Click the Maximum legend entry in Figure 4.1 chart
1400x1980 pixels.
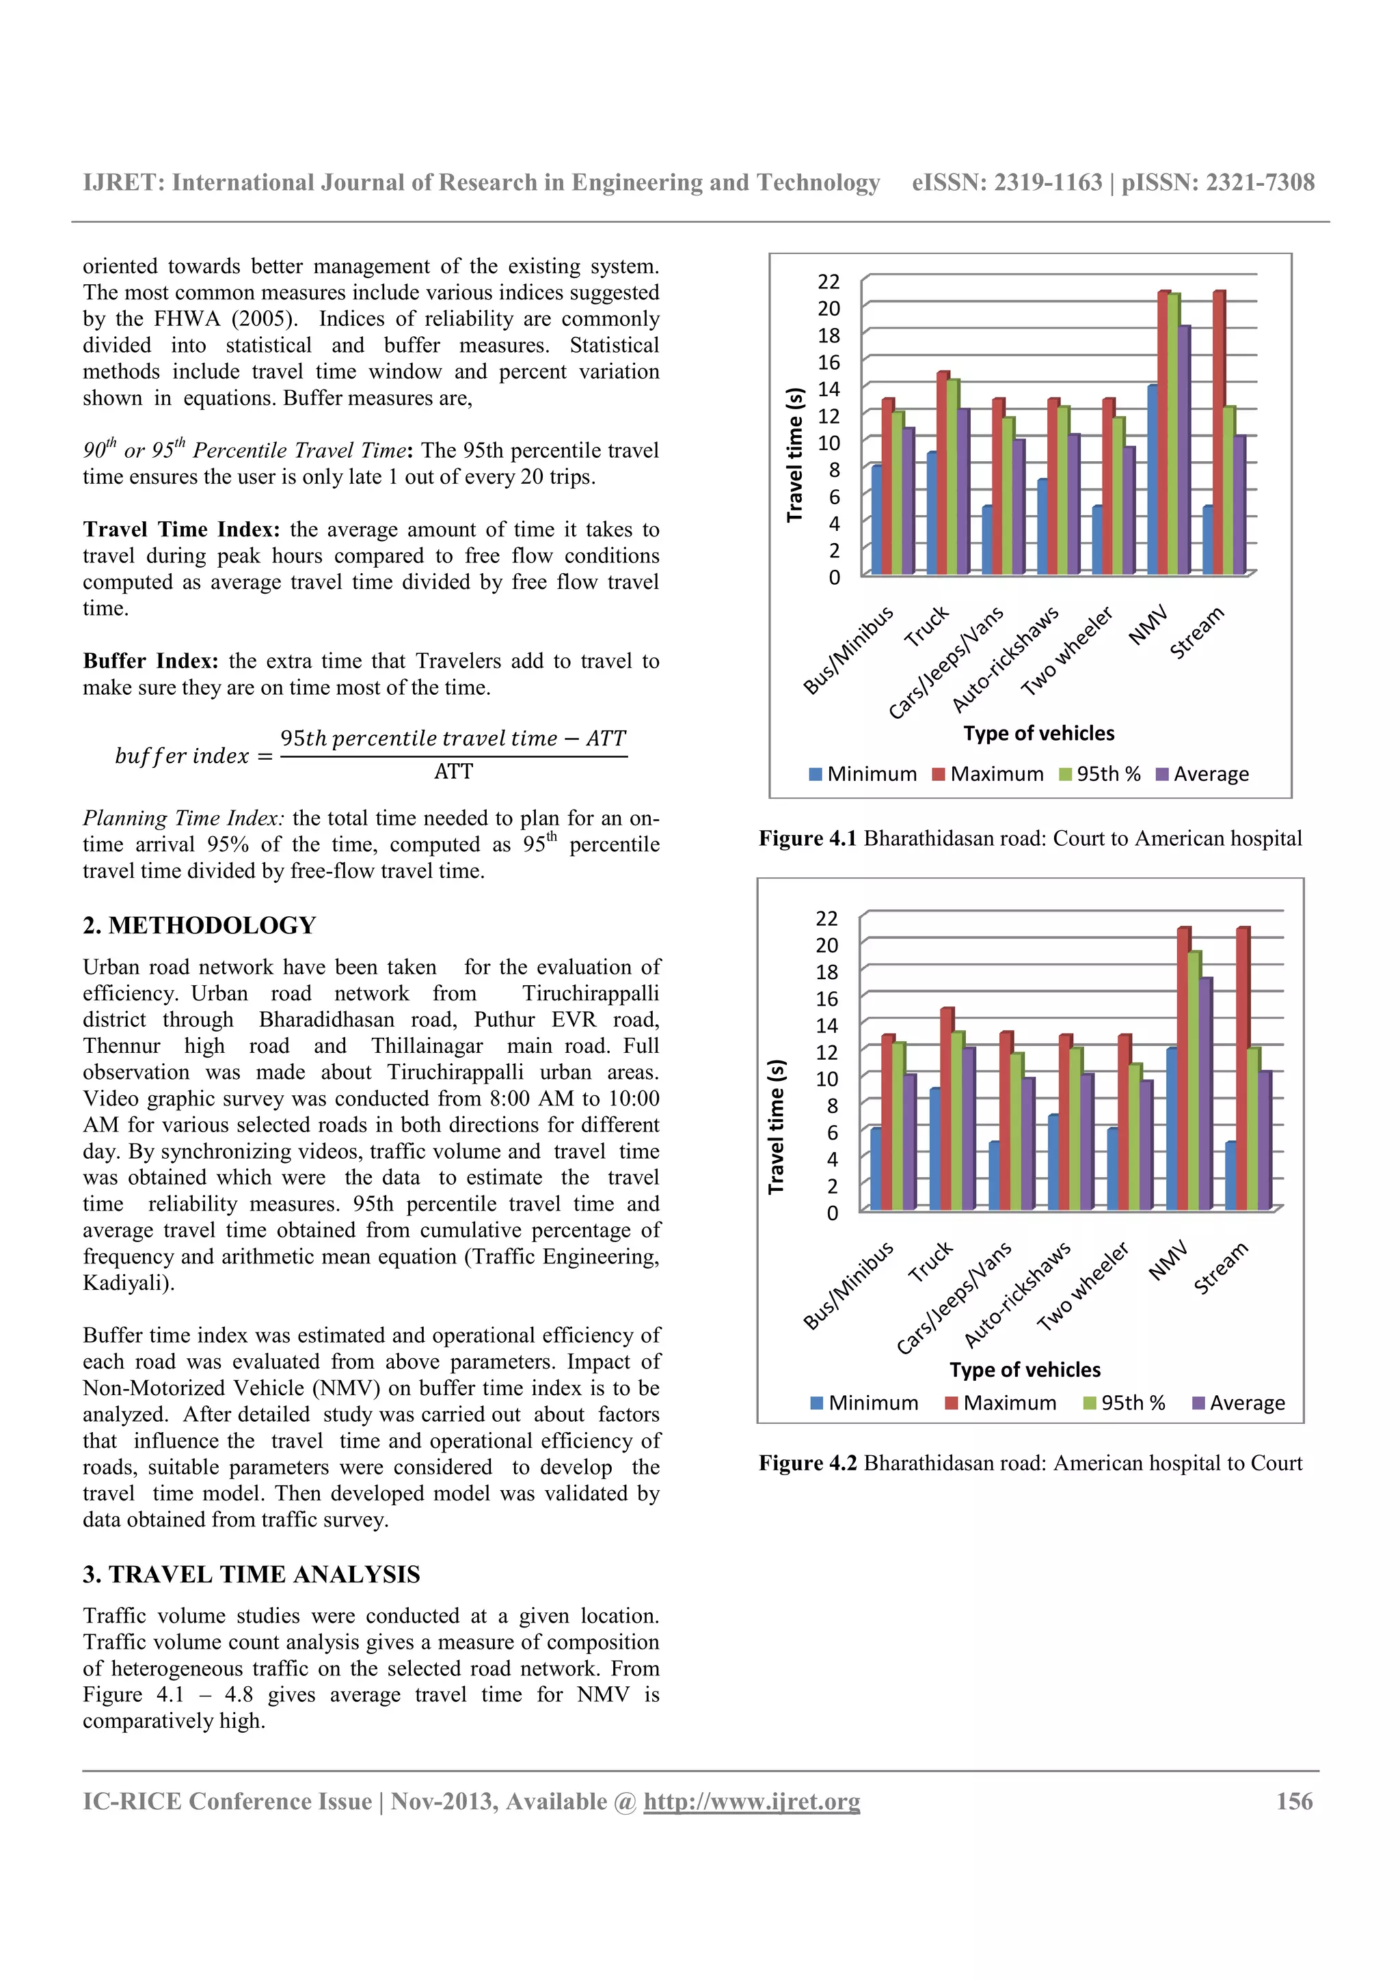pos(988,773)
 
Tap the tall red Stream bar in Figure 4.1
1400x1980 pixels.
pos(1218,431)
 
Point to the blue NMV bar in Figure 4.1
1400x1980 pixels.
pos(1153,480)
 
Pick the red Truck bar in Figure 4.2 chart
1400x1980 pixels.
pos(946,1108)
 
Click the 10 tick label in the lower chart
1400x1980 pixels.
pos(826,1079)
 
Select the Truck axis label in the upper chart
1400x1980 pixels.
pos(926,627)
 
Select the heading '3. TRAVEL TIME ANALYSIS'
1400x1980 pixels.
pos(251,1574)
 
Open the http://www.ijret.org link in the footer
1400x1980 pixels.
pos(751,1802)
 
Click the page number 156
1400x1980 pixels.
pos(1294,1802)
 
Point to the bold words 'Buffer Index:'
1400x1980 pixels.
pos(150,661)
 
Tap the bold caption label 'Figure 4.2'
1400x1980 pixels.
pos(807,1463)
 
